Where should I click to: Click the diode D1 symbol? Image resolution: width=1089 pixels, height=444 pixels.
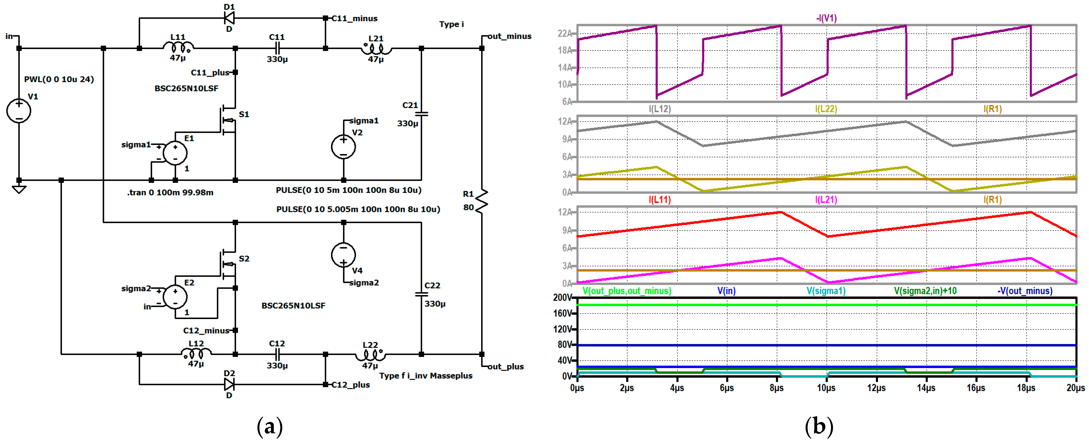pos(229,18)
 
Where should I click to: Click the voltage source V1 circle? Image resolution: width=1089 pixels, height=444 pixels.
pos(19,111)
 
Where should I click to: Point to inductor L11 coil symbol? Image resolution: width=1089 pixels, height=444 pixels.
pos(178,47)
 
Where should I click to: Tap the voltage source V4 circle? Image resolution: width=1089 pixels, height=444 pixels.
pos(343,254)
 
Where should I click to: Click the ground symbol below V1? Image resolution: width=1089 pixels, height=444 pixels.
pos(19,189)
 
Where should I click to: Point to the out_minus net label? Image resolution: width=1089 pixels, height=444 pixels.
pos(510,36)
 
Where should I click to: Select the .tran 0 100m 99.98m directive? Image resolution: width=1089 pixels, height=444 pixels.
pos(170,192)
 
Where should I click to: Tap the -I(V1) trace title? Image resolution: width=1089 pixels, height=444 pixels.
pos(826,18)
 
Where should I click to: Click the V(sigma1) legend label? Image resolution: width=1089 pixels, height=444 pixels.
pos(826,291)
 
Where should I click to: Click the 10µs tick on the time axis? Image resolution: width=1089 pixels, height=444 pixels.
pos(826,388)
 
